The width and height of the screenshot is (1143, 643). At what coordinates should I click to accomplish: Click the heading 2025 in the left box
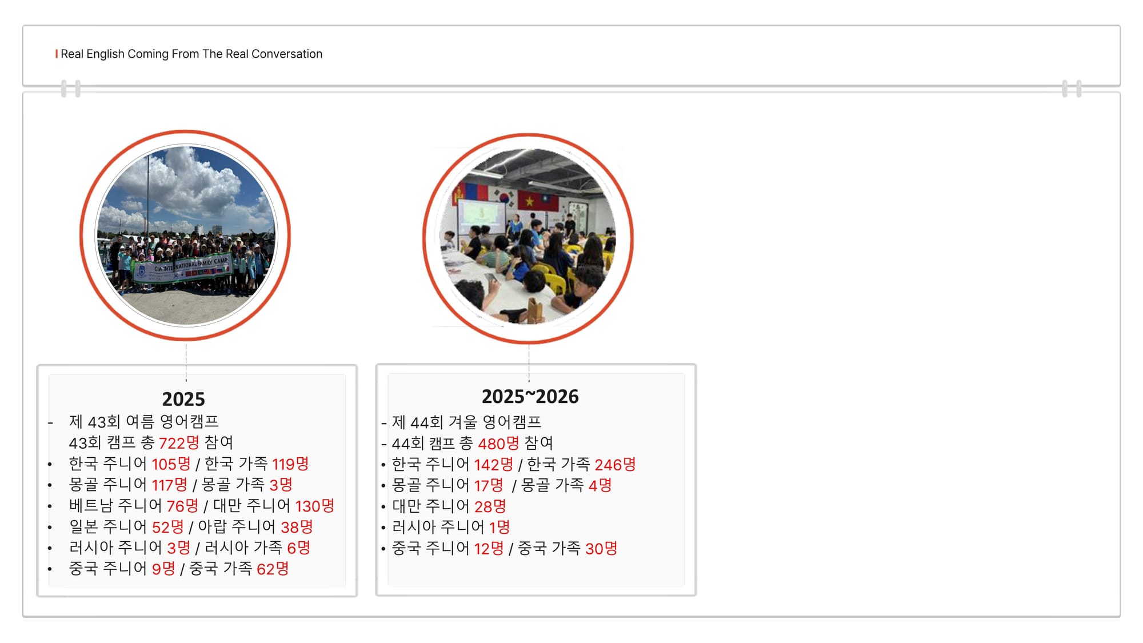point(183,399)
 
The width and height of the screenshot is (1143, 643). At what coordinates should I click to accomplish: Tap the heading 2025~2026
point(530,397)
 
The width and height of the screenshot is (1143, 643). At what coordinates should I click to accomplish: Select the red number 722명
point(179,443)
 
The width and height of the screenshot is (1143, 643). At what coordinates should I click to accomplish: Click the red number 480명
point(498,444)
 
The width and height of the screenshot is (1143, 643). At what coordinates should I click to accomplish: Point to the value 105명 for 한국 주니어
point(171,464)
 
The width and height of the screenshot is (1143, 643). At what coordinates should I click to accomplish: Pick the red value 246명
point(615,465)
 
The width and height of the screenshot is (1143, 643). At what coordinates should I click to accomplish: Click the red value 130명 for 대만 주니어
point(314,506)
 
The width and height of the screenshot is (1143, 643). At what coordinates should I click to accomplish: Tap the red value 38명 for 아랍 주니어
point(297,527)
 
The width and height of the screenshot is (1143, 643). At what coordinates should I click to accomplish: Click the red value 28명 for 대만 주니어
point(490,506)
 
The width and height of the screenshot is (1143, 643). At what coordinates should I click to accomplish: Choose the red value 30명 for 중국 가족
point(601,549)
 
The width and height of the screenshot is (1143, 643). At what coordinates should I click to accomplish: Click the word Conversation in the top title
point(287,54)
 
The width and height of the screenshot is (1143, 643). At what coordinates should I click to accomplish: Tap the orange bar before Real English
point(57,54)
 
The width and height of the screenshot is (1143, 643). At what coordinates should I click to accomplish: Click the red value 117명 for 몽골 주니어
point(169,485)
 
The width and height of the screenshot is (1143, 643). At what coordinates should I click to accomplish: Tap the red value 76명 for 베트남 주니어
point(182,506)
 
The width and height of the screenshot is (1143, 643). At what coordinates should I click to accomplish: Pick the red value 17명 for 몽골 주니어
point(489,486)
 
